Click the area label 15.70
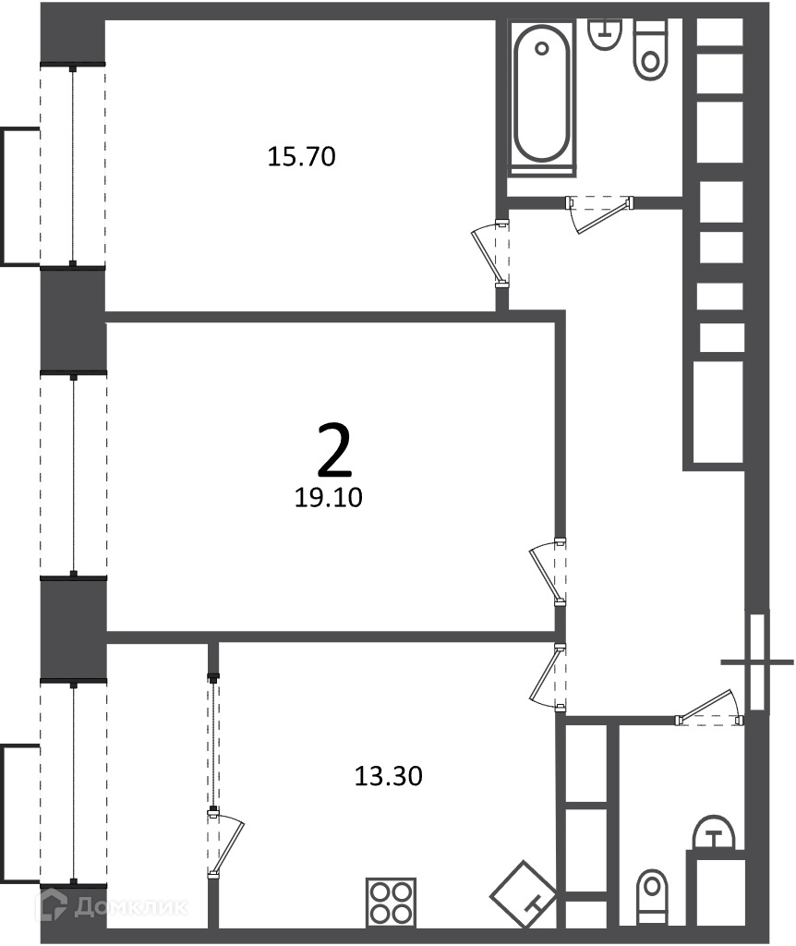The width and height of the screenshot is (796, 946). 301,156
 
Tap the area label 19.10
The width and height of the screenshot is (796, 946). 328,497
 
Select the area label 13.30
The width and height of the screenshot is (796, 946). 389,776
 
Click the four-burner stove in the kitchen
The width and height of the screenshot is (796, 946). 391,902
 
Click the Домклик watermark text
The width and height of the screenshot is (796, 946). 131,906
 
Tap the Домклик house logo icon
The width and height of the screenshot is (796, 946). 52,905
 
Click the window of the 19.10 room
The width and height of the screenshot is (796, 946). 74,476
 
